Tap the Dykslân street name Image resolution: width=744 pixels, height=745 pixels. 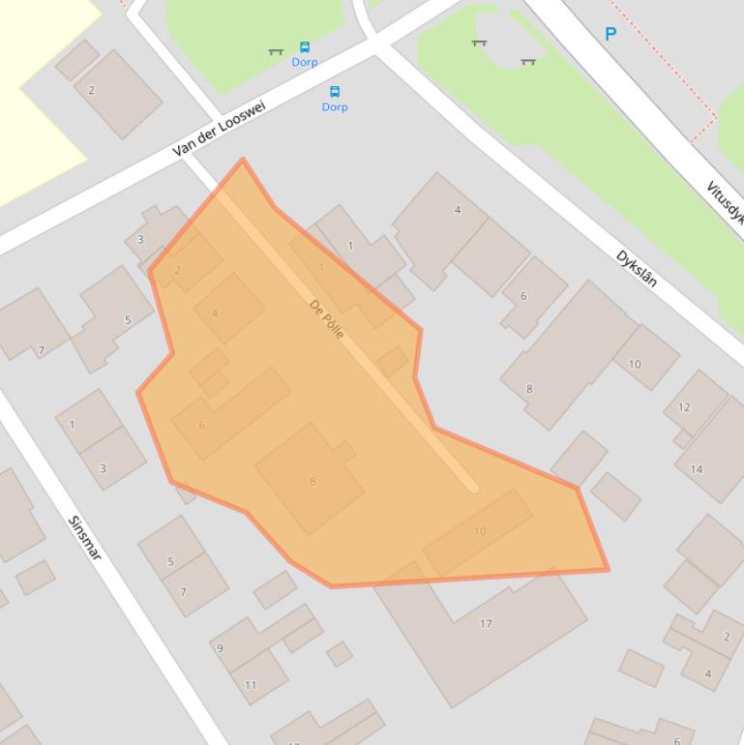pos(637,269)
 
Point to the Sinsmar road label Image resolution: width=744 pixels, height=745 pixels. pos(86,538)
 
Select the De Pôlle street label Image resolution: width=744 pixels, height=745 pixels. pos(327,318)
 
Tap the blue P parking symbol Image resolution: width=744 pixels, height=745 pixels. pos(610,34)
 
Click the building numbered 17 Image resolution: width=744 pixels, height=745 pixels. pos(486,624)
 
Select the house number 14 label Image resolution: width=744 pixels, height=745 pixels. pos(697,469)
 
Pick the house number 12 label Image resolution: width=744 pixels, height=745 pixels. pos(684,407)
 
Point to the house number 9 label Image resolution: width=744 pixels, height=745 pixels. pos(221,648)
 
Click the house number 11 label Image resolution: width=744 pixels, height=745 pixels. pos(251,685)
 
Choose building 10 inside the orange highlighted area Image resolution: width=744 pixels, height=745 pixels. pos(480,531)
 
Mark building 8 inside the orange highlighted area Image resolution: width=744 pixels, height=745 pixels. pos(312,481)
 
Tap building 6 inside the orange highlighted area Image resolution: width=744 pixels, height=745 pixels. pos(202,425)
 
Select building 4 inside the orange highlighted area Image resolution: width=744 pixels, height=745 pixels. pos(215,313)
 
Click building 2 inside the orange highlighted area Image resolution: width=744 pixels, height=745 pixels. pos(177,271)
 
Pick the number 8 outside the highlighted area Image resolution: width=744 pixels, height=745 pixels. pos(529,389)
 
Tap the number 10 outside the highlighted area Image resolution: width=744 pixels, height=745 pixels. pos(635,364)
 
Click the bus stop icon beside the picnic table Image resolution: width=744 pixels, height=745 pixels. pos(305,46)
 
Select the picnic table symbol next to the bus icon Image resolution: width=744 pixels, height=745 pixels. pos(276,51)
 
